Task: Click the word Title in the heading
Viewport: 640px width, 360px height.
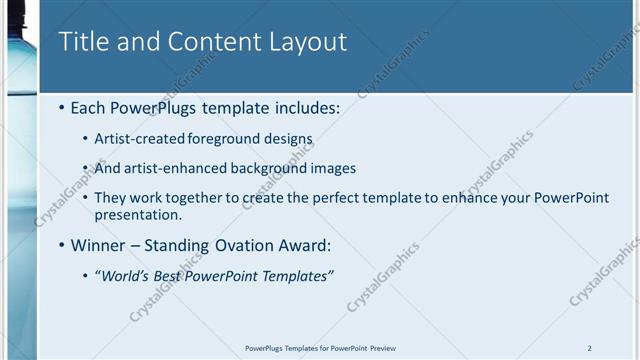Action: pos(84,42)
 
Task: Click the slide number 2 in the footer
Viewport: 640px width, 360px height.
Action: pos(590,348)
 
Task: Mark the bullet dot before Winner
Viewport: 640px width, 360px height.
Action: pos(63,245)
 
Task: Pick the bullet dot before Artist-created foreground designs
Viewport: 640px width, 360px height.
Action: pos(85,139)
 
